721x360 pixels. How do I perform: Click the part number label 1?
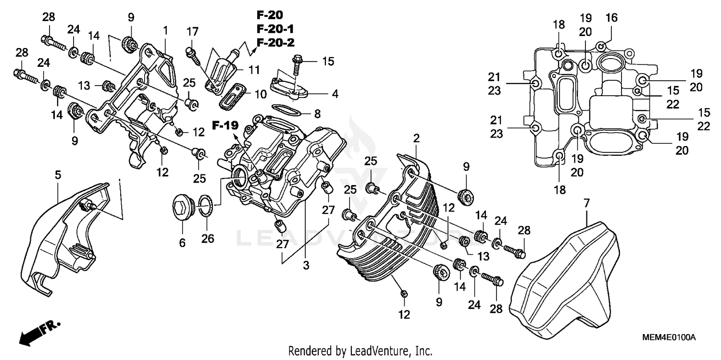coord(165,30)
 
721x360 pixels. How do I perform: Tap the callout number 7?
coord(586,203)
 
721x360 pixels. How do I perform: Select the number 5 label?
coord(58,176)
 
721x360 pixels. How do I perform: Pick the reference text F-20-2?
coord(274,43)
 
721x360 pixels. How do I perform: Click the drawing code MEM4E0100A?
coord(669,337)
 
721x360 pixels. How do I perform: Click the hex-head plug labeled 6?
coord(183,208)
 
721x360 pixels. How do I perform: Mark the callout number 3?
coord(306,265)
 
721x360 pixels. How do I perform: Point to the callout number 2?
coord(416,138)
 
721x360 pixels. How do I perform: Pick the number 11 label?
coord(254,70)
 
